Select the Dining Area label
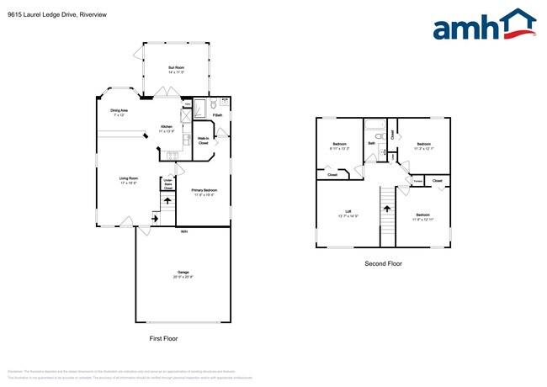point(119,113)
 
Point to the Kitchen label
point(167,129)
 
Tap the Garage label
point(183,274)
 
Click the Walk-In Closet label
point(204,141)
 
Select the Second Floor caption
point(383,263)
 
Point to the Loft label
point(348,214)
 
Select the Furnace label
point(417,181)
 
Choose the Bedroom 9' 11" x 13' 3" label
point(340,146)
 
